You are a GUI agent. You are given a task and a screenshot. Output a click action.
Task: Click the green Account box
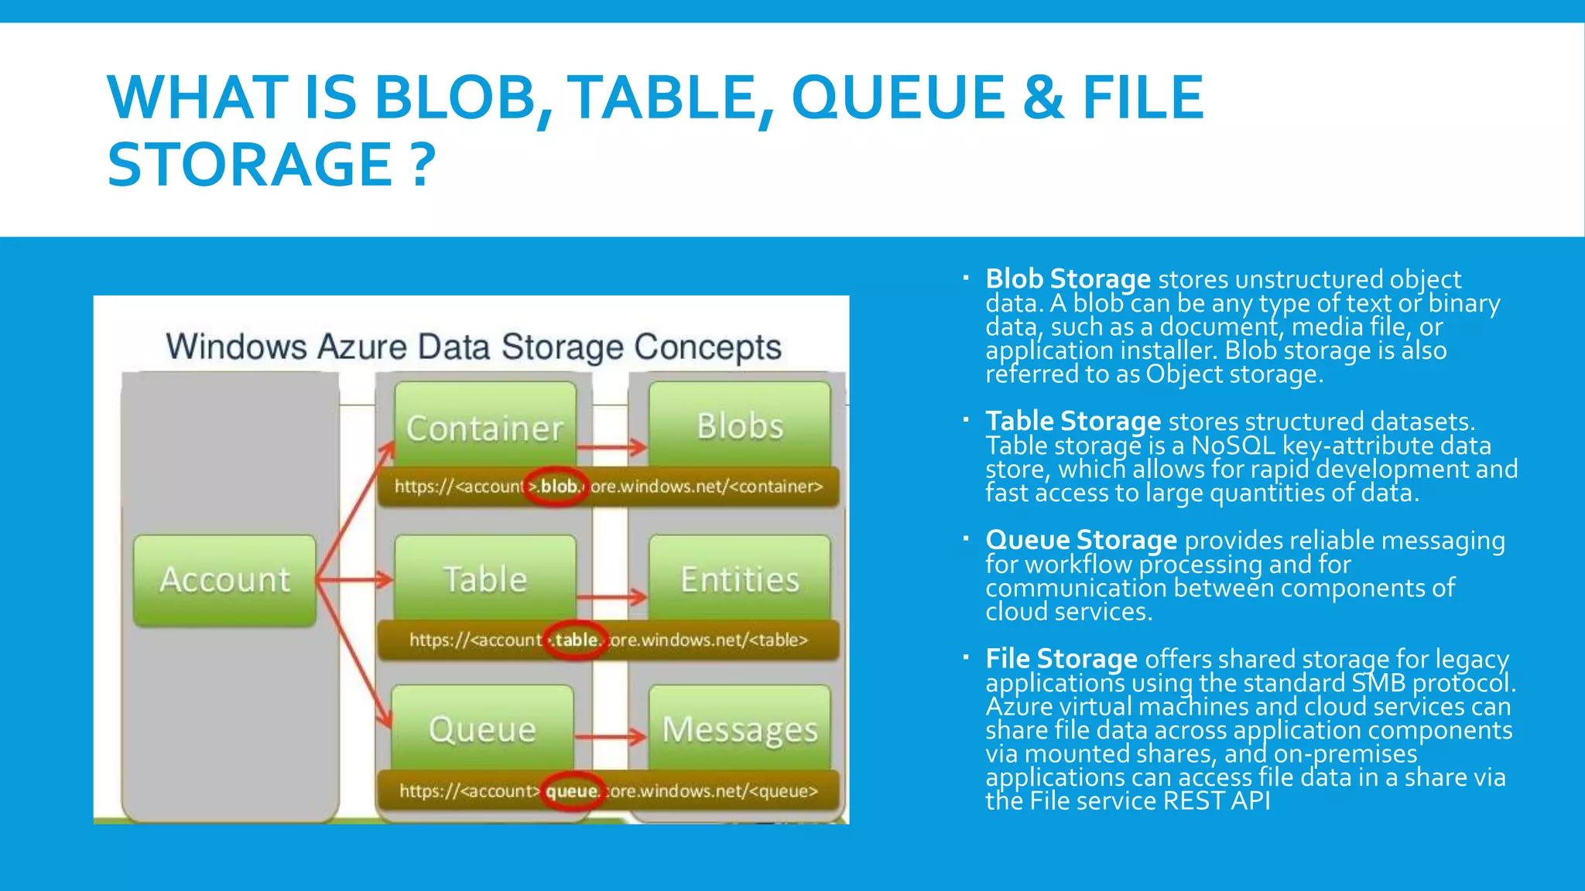point(224,580)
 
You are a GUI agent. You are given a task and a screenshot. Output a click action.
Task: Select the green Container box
point(485,426)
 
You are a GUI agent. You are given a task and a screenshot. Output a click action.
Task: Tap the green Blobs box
point(740,425)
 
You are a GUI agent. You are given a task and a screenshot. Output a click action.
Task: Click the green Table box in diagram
point(485,579)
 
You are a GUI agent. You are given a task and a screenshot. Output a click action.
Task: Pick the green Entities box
point(740,579)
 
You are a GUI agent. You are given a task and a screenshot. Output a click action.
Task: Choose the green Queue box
point(482,729)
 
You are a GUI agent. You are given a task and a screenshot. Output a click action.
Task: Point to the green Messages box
point(740,729)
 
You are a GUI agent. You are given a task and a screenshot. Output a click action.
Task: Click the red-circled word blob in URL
point(558,486)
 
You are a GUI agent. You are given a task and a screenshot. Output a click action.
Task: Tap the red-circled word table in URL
point(576,640)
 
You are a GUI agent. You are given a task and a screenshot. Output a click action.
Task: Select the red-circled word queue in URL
point(572,790)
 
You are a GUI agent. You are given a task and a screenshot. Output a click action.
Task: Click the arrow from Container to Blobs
point(611,447)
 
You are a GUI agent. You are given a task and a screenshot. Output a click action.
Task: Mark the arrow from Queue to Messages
point(611,737)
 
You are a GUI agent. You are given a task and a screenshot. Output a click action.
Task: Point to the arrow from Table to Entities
point(611,597)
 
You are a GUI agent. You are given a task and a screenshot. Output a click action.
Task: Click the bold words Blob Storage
point(1068,278)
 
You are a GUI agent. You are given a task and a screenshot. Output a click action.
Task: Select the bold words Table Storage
point(1073,421)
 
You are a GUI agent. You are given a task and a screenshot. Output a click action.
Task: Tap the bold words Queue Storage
point(1080,540)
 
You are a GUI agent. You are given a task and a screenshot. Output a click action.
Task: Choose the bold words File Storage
point(1061,658)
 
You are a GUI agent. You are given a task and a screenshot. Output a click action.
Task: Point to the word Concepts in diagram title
point(707,347)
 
